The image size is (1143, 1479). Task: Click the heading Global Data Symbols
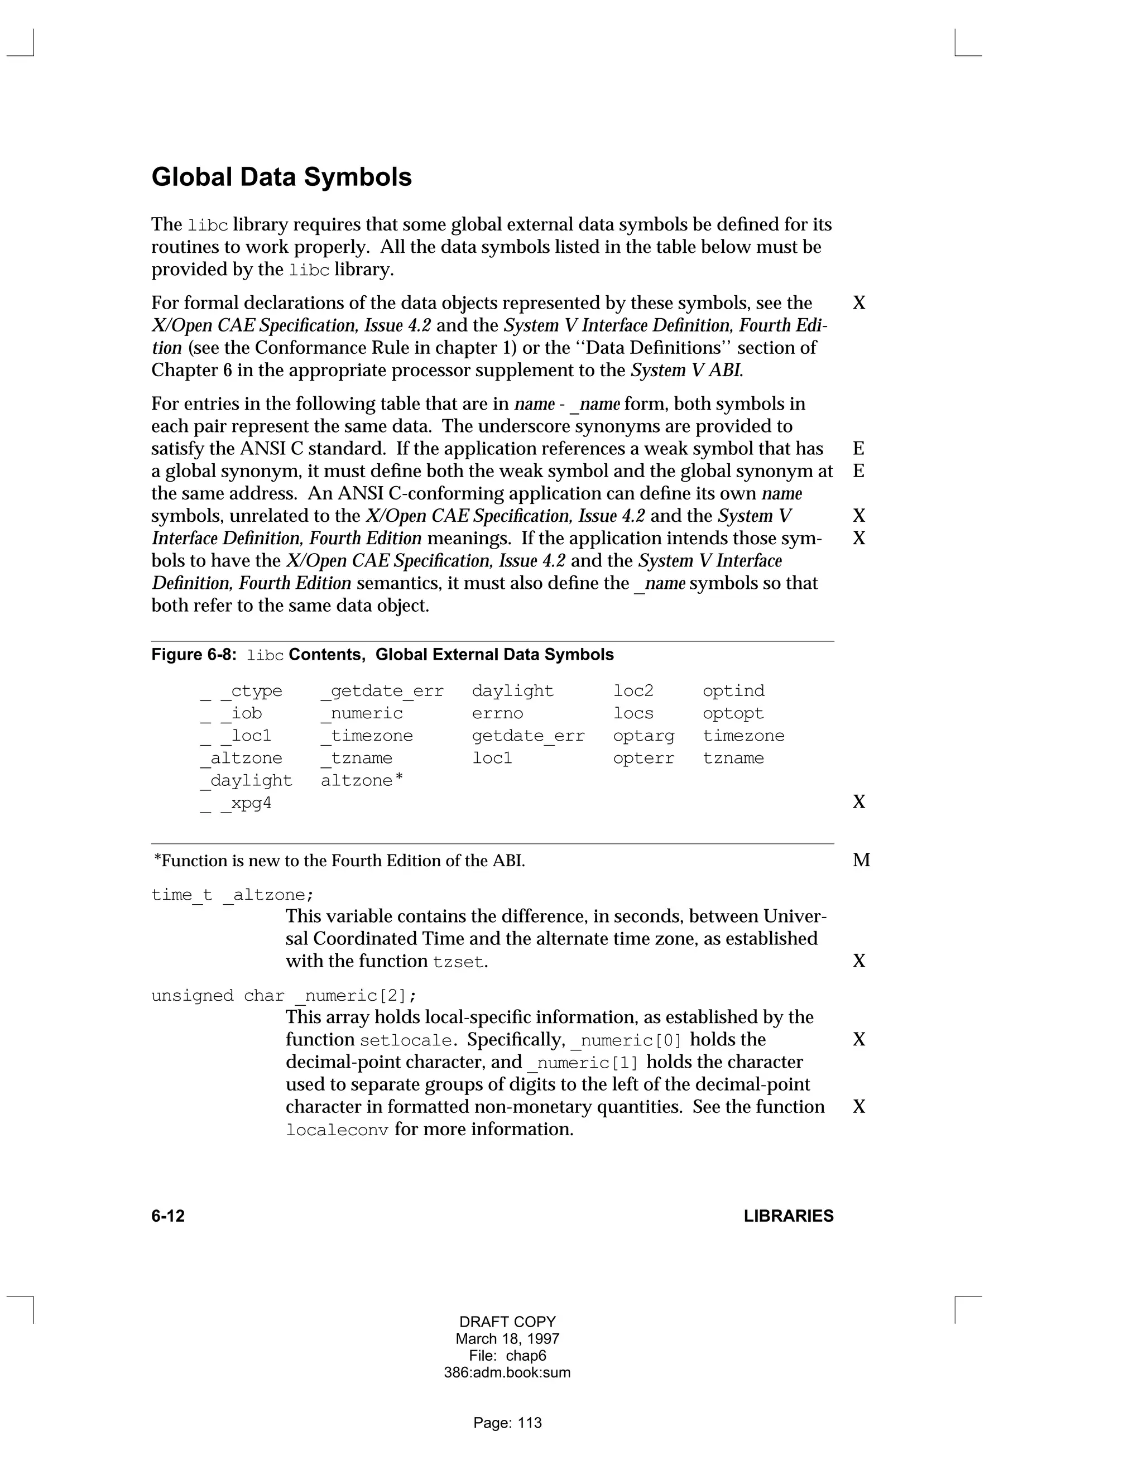[x=281, y=177]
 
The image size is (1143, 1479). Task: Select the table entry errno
[x=497, y=714]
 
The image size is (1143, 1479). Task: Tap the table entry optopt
[x=733, y=714]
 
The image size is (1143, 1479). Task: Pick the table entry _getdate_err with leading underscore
[x=382, y=692]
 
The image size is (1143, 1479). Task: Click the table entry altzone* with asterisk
[x=362, y=781]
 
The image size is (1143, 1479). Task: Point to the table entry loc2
[x=633, y=692]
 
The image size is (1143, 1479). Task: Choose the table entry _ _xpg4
[x=236, y=804]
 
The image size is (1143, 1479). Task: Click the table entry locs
[x=633, y=714]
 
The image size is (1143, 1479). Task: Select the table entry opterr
[x=643, y=758]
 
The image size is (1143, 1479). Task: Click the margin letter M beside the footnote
[x=861, y=860]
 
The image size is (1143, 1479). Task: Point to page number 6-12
[x=168, y=1216]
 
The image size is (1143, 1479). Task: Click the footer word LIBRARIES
[x=788, y=1216]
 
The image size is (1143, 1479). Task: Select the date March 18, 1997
[x=507, y=1339]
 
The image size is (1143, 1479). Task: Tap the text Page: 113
[x=507, y=1423]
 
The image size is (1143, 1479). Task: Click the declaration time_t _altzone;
[x=232, y=895]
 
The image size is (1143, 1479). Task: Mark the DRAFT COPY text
[x=507, y=1322]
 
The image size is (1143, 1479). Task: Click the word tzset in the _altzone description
[x=458, y=962]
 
